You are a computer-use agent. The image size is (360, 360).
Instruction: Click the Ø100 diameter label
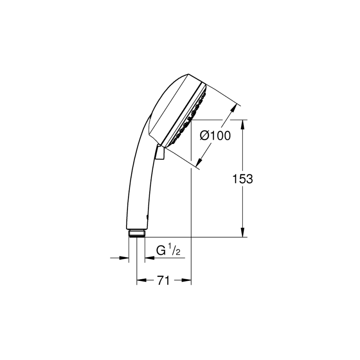pyautogui.click(x=215, y=136)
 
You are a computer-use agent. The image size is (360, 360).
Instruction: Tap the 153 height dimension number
pyautogui.click(x=243, y=179)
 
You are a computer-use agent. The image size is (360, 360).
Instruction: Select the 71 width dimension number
pyautogui.click(x=163, y=280)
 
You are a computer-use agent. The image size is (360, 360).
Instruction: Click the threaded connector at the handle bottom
pyautogui.click(x=137, y=233)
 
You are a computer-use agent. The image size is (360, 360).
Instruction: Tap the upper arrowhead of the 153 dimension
pyautogui.click(x=243, y=125)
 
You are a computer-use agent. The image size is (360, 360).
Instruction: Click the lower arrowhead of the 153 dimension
pyautogui.click(x=243, y=232)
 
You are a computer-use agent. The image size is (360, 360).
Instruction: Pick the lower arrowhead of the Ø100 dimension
pyautogui.click(x=199, y=162)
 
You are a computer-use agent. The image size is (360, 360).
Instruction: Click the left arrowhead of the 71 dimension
pyautogui.click(x=142, y=280)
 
